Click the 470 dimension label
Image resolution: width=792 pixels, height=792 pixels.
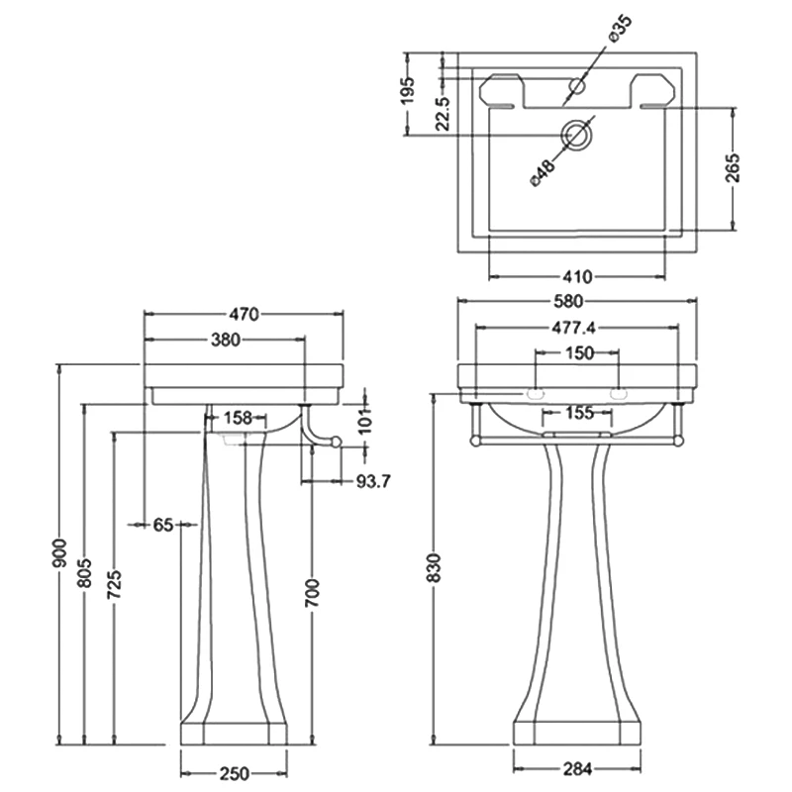click(245, 315)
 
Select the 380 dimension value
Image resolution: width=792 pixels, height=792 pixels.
click(226, 340)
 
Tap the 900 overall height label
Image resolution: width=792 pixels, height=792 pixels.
click(59, 553)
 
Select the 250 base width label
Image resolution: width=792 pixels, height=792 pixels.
click(234, 772)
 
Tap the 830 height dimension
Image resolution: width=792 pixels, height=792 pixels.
click(433, 567)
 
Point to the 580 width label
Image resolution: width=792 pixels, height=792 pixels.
click(577, 301)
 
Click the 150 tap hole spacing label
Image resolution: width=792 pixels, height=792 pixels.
click(579, 352)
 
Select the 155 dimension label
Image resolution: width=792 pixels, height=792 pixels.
click(579, 414)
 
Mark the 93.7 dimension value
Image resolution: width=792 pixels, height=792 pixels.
click(372, 482)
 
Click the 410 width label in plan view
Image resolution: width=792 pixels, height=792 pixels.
click(577, 276)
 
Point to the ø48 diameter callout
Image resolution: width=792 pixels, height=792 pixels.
click(543, 170)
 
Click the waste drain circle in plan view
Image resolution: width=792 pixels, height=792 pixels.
click(575, 135)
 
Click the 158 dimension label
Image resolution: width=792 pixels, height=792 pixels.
click(238, 418)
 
